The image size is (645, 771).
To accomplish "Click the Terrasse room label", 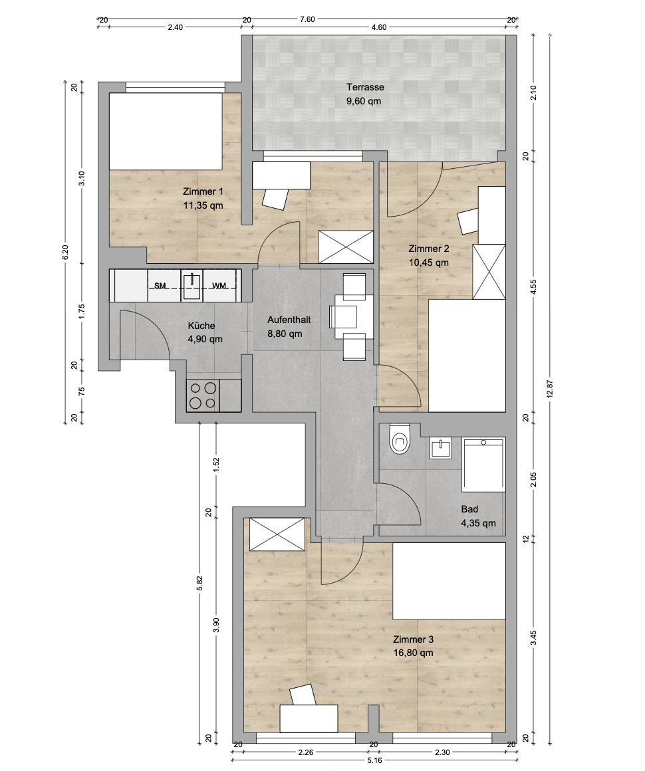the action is (x=365, y=88).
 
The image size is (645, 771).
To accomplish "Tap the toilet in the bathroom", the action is (x=398, y=439).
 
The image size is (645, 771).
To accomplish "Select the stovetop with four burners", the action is (x=203, y=396).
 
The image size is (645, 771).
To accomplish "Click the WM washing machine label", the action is (x=219, y=286).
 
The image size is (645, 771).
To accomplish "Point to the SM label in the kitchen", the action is (x=160, y=286).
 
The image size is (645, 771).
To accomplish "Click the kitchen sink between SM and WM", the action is (x=192, y=284).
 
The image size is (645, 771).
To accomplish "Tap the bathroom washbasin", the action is (x=440, y=448).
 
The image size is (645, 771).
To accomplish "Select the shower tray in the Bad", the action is (x=483, y=465).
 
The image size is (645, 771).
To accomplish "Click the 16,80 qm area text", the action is (x=414, y=653).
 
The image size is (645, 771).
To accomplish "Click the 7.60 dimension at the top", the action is (x=307, y=20).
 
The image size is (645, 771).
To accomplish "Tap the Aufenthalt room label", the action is (x=289, y=320).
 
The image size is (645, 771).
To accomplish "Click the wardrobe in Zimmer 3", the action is (x=277, y=534).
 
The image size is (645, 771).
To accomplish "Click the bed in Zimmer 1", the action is (x=166, y=132).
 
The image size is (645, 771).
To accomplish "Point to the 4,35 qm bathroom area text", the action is (x=478, y=523).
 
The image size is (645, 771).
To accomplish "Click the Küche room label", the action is (x=201, y=326).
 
